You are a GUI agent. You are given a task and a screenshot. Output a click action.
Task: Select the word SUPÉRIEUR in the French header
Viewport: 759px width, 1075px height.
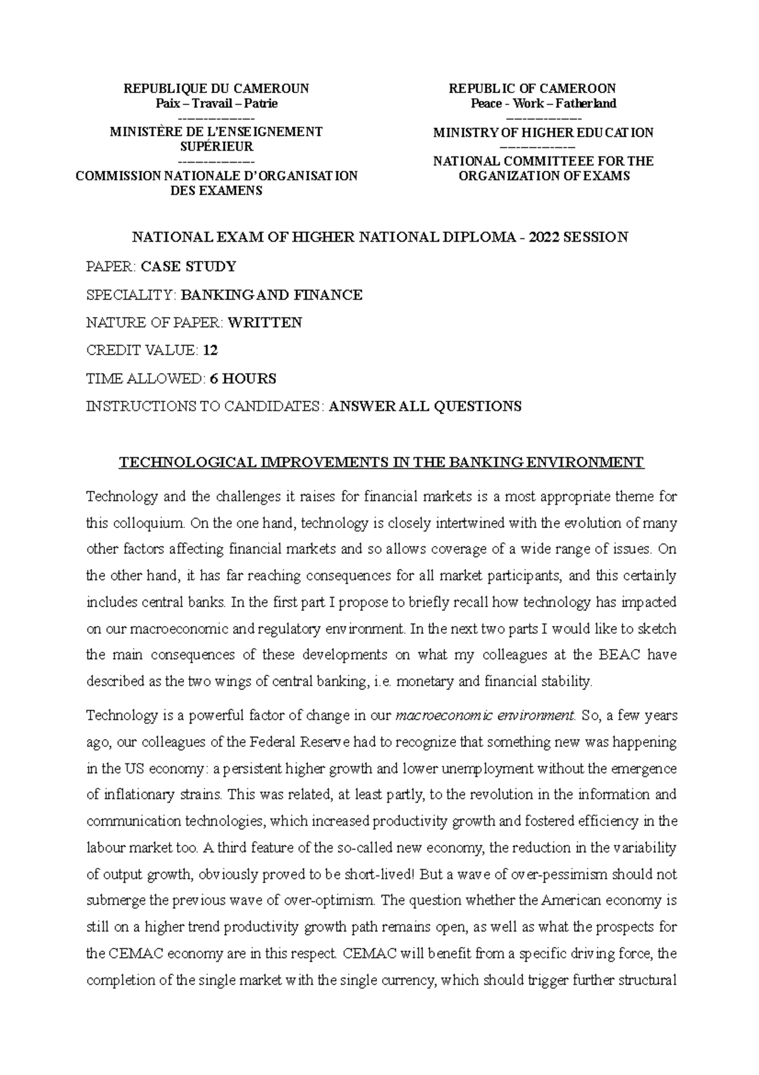pos(216,147)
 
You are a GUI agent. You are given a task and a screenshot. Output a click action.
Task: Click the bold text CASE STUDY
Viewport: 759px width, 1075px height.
pos(188,267)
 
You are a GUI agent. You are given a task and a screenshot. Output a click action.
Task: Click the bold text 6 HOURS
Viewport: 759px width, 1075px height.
pos(243,379)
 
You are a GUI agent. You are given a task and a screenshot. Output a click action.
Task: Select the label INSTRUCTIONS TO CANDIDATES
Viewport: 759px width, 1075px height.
pos(204,406)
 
